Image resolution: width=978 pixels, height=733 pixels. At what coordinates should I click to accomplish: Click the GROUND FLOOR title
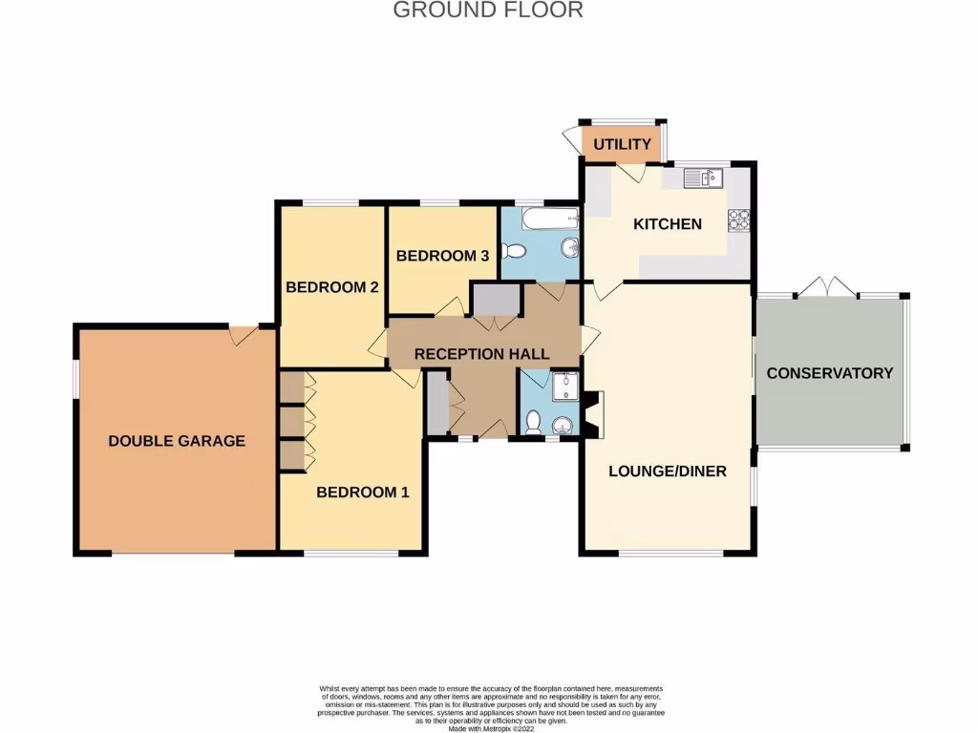click(x=488, y=10)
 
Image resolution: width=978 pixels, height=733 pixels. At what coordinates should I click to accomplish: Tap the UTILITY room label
click(x=623, y=144)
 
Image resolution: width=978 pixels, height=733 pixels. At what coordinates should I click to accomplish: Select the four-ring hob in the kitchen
click(x=739, y=220)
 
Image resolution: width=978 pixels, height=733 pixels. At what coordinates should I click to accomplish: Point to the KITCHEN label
click(x=668, y=224)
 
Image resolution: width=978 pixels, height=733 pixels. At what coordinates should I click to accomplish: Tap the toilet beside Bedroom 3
click(x=514, y=251)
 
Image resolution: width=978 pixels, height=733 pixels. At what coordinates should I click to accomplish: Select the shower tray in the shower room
click(x=563, y=386)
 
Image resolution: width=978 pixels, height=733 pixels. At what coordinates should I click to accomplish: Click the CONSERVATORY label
click(x=829, y=373)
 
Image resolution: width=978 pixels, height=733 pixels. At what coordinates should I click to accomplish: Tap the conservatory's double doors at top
click(x=824, y=286)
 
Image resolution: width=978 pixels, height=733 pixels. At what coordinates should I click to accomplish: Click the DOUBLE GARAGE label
click(x=177, y=441)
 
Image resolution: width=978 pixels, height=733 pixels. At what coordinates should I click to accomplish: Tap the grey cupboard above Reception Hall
click(x=495, y=300)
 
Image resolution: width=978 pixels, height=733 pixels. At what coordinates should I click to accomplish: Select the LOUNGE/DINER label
click(x=668, y=471)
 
